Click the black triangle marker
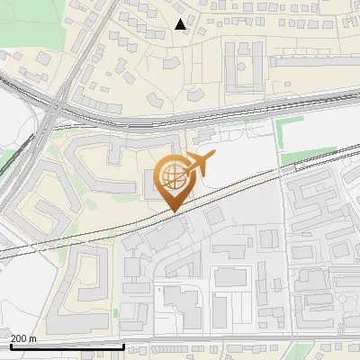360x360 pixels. (x=181, y=24)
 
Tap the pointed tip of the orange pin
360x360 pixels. (x=175, y=212)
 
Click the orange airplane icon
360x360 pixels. (x=200, y=164)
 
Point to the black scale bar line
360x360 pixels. (x=67, y=346)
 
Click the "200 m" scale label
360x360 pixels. (x=24, y=337)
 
